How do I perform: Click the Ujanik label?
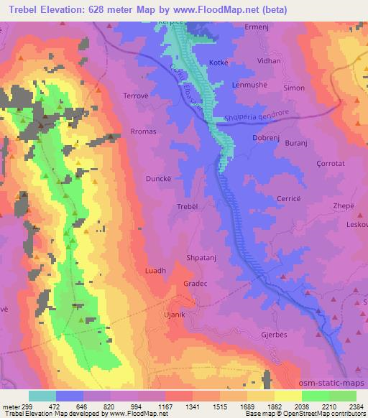(x=175, y=315)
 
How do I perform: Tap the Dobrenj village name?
(x=266, y=137)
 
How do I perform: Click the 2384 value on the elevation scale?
(x=355, y=405)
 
